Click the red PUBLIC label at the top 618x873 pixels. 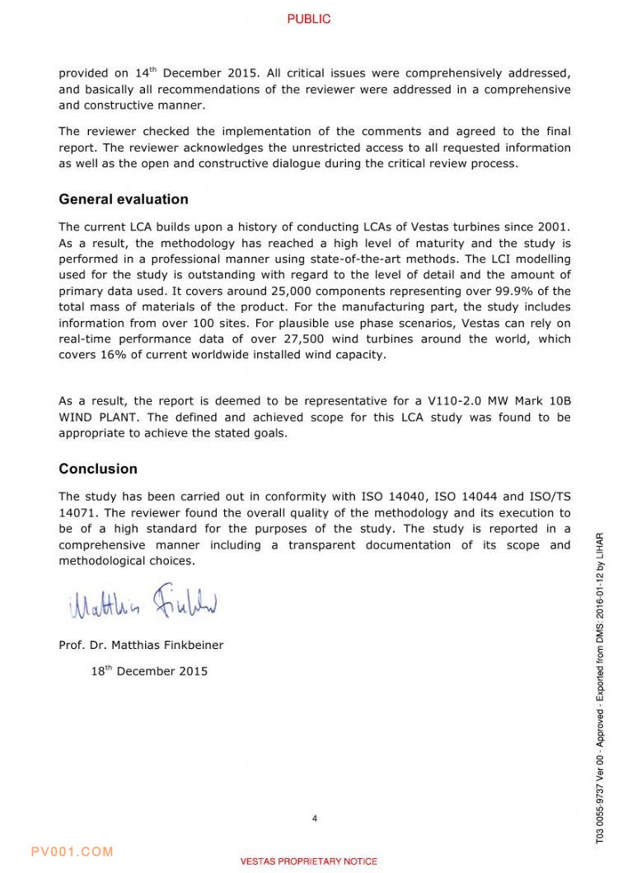(309, 19)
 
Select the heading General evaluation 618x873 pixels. (123, 199)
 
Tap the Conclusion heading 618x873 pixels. (98, 469)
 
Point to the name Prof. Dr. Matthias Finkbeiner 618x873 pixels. (141, 645)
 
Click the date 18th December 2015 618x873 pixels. (149, 671)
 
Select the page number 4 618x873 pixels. (315, 818)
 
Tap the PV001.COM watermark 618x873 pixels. (72, 852)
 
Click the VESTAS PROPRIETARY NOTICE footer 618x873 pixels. (309, 861)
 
